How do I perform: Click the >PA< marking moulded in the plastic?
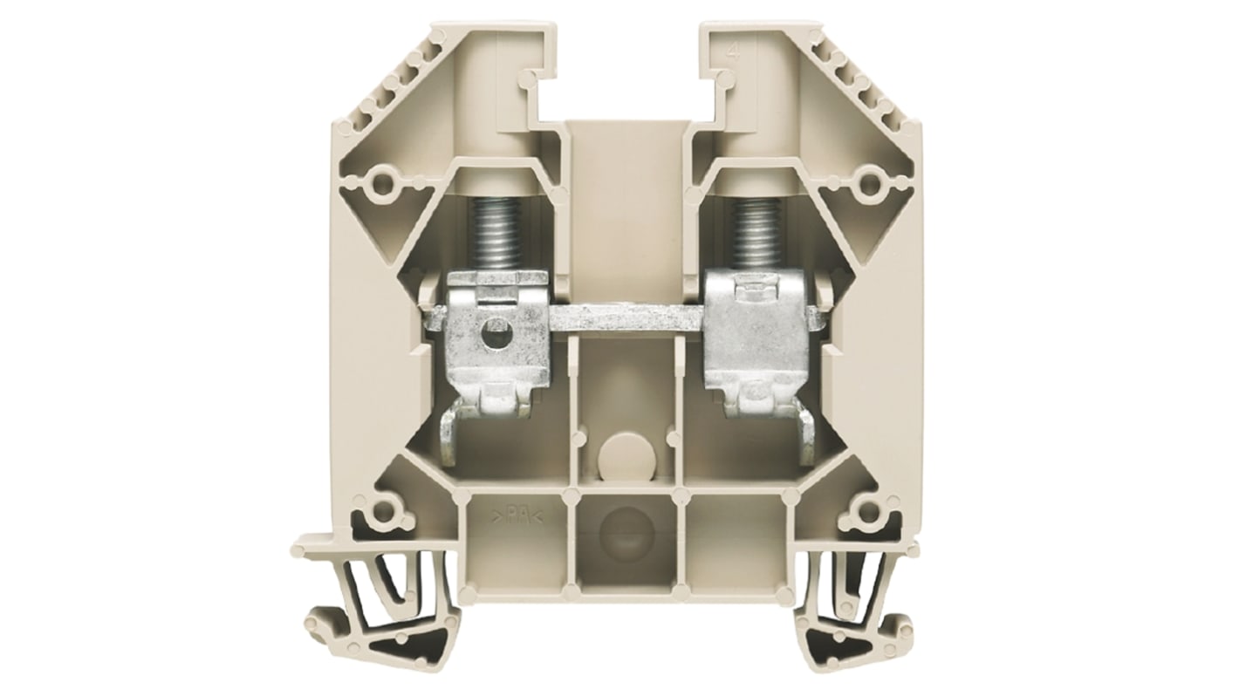pyautogui.click(x=518, y=515)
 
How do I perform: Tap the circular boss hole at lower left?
pyautogui.click(x=380, y=509)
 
